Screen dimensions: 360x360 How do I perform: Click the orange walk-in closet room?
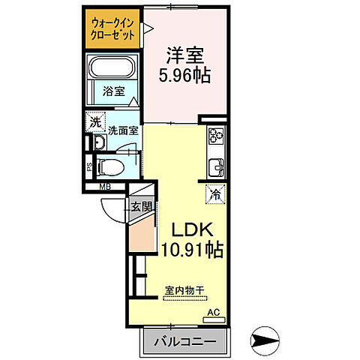112,29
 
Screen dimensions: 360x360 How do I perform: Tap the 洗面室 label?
123,129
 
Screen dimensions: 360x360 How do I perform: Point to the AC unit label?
213,310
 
